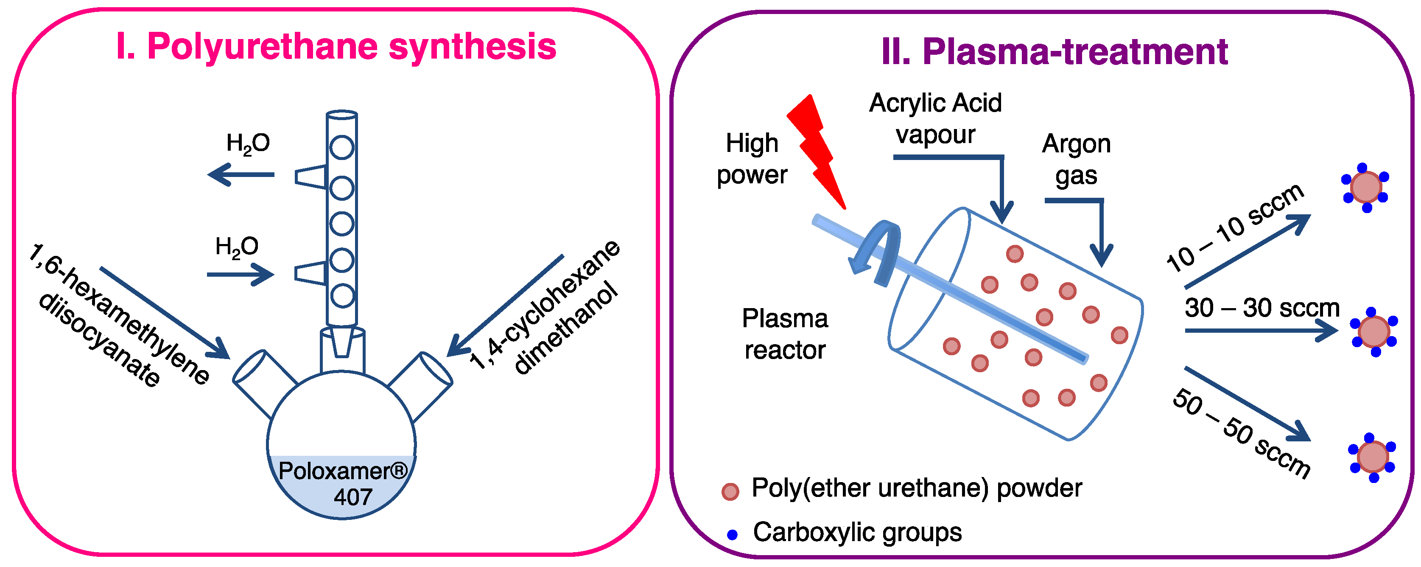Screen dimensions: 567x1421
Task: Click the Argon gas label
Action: click(1076, 159)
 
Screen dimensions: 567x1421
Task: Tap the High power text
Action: click(752, 159)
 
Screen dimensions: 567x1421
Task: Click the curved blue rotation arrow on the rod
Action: click(877, 251)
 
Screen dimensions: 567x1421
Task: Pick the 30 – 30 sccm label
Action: click(1262, 308)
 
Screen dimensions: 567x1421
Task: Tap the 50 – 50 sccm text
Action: click(1241, 433)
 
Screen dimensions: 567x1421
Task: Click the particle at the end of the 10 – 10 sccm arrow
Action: click(1366, 188)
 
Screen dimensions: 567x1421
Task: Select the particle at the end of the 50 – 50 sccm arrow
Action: click(1373, 457)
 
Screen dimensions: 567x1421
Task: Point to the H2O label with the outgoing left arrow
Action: click(248, 143)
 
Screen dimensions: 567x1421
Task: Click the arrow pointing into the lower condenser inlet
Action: click(241, 275)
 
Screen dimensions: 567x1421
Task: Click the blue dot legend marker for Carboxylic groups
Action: click(732, 534)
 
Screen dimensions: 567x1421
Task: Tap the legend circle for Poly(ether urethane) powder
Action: click(730, 491)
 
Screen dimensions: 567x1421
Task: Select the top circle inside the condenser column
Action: click(341, 147)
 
